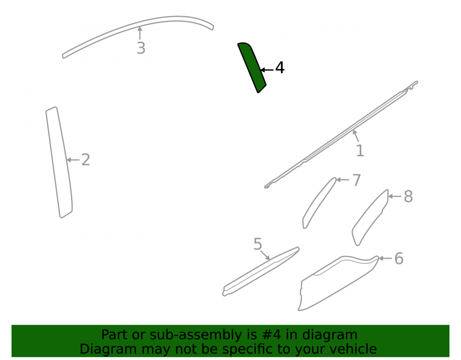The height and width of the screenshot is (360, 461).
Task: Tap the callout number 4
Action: coord(280,68)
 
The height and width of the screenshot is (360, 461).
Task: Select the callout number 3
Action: coord(141,48)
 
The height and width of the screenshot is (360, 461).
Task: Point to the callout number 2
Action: coord(86,160)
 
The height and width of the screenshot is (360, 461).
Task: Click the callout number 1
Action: coord(360,151)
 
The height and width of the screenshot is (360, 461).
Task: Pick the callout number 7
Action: coord(356,180)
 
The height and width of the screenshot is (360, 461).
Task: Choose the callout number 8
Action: coord(408,196)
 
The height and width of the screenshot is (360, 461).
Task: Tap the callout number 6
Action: coord(399,259)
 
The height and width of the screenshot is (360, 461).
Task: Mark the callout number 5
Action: coord(258,244)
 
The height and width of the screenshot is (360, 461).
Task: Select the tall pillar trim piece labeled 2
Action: coord(59,162)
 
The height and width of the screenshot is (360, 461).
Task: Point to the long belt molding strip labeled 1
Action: coord(341,135)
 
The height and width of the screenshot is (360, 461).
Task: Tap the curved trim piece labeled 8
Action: coord(370,218)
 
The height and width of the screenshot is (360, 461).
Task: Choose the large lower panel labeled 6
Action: coord(338,282)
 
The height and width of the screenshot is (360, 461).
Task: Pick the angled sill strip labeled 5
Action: coord(260,271)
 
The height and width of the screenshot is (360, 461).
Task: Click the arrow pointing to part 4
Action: coord(267,70)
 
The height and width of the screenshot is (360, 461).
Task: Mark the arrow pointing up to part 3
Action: coord(140,33)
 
